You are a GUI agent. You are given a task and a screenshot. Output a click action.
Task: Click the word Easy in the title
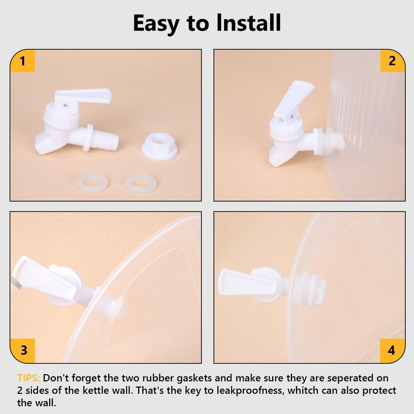pos(156,24)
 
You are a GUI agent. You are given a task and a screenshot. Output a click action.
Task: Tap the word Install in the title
pos(248,23)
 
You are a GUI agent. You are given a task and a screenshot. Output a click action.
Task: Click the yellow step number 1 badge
pos(22,61)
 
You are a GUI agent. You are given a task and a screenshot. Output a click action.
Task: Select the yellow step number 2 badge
pos(392,61)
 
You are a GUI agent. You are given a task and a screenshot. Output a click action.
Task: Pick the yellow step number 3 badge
pos(23,350)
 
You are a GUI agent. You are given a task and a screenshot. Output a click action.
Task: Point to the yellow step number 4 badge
pos(392,350)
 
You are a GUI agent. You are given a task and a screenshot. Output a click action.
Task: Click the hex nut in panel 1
pos(159,146)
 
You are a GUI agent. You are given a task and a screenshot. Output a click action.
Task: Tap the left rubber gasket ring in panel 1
pos(92,183)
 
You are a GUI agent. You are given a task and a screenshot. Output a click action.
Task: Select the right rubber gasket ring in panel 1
pos(141,183)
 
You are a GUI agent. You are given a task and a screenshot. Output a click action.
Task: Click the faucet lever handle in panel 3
pos(45,278)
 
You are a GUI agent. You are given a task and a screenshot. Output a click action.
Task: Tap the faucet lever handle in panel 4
pos(247,283)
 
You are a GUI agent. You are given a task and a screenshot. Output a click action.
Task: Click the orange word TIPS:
pos(28,378)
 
